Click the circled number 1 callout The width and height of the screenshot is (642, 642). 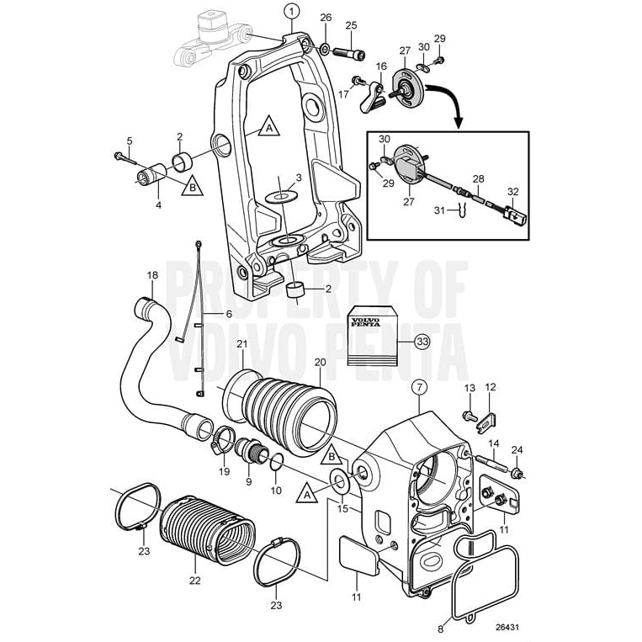tap(291, 11)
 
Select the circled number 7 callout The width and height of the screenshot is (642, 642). tap(419, 388)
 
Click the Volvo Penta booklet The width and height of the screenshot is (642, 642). tap(370, 332)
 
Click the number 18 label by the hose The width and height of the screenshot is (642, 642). tap(152, 275)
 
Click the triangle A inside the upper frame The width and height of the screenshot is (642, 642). tap(268, 128)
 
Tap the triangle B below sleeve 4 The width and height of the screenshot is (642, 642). tap(192, 187)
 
